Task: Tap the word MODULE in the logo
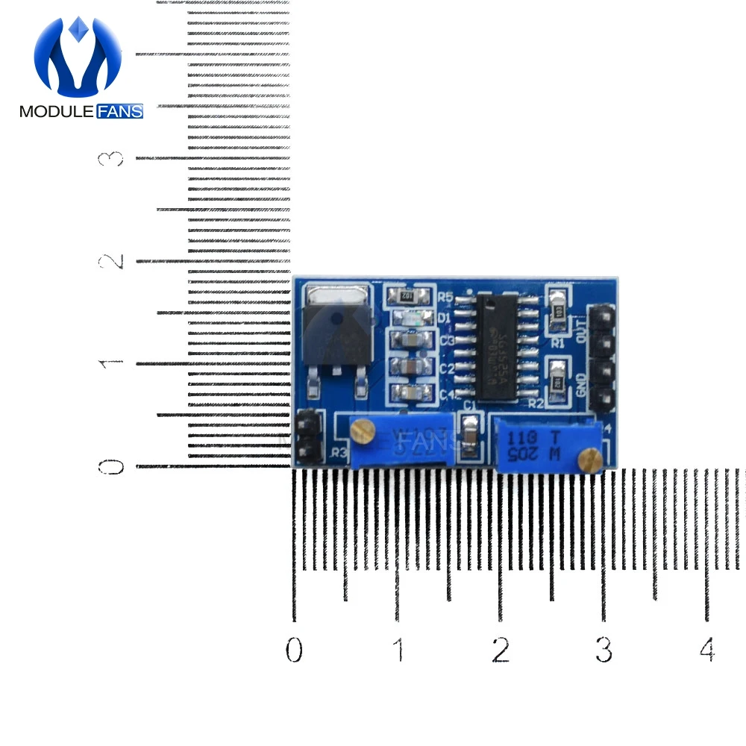57,112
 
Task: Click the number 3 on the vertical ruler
114,158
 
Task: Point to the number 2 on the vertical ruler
114,261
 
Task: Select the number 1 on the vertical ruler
114,363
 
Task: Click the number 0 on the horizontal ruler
294,650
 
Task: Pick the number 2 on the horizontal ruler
501,650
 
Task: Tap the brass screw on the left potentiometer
363,429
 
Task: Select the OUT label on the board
582,326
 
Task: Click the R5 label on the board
445,297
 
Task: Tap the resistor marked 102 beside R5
408,295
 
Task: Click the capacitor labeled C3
410,341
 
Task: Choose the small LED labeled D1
410,318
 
